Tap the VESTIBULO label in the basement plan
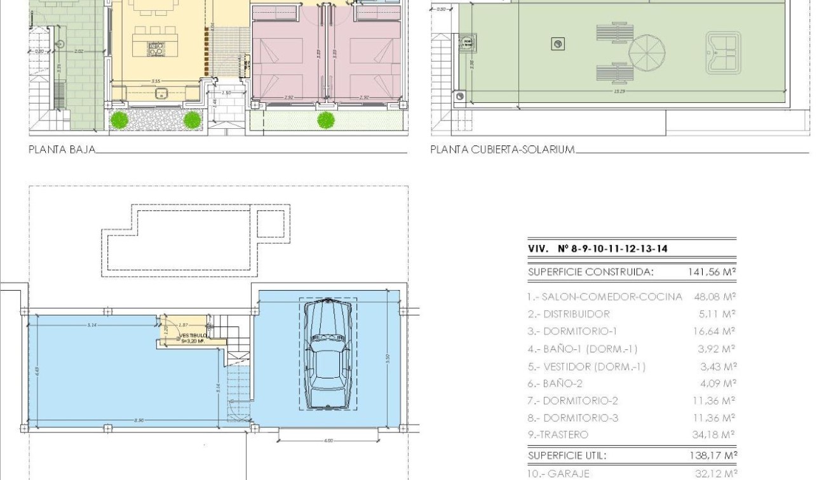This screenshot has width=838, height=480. (x=193, y=335)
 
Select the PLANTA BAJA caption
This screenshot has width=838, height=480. (x=62, y=150)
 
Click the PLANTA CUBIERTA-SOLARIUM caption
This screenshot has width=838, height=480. (x=503, y=150)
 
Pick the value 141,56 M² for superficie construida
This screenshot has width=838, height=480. (x=712, y=272)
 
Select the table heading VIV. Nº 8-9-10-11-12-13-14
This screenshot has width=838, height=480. (x=598, y=249)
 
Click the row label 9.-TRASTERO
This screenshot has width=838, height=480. (x=558, y=435)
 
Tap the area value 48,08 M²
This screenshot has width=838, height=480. (x=715, y=297)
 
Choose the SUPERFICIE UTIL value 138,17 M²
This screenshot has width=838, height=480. (x=712, y=455)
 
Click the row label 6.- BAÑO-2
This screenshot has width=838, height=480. (x=554, y=383)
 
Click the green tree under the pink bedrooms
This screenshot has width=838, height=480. (x=326, y=119)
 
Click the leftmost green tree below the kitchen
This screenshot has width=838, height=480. (x=119, y=119)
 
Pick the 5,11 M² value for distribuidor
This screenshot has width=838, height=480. (x=717, y=314)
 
